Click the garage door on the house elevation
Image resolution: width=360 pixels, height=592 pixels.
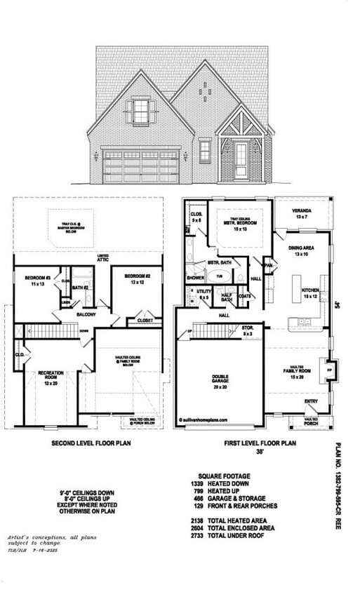[141, 167]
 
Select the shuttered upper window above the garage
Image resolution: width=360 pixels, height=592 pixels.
[141, 112]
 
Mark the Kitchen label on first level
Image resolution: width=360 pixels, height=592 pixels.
[310, 292]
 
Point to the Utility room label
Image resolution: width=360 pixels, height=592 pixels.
[204, 294]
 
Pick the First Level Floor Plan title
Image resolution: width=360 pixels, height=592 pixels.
[260, 443]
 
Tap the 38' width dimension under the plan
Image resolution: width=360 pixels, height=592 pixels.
[260, 452]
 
